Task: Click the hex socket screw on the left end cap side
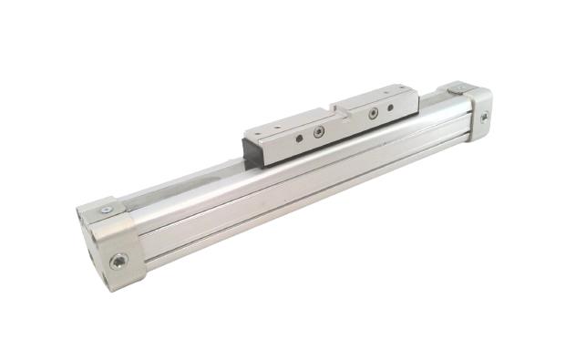click(x=119, y=261)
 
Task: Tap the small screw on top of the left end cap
click(x=107, y=209)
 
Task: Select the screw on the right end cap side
click(x=484, y=117)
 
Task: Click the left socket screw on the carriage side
click(x=318, y=132)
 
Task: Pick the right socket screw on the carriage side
click(x=373, y=114)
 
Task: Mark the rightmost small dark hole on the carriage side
click(x=392, y=107)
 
